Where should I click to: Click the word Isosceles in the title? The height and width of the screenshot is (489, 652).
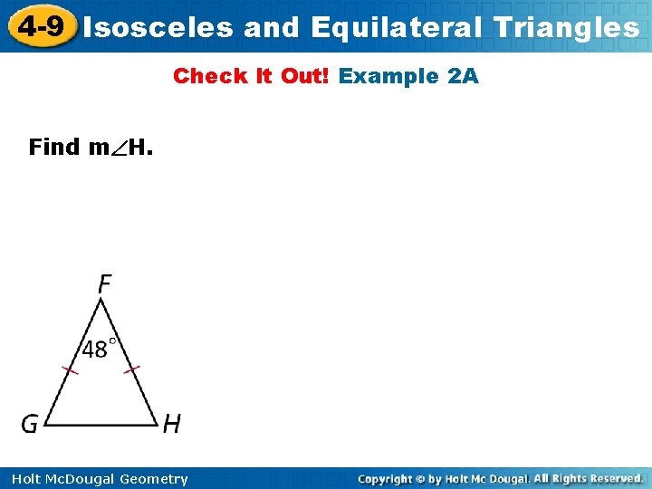158,27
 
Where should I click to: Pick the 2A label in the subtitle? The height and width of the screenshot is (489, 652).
463,76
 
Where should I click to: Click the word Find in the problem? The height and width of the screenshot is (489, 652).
54,147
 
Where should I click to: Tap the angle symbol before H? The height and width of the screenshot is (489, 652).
119,148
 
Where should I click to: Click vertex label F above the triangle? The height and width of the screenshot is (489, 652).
104,284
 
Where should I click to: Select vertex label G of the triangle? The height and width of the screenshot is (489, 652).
30,423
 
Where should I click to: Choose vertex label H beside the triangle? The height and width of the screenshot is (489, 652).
171,423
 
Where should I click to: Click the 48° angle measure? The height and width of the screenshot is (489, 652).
100,349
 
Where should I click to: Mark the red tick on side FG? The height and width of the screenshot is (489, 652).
70,369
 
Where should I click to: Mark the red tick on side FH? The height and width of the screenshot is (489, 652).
132,369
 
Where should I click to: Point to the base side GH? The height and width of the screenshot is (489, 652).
101,425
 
